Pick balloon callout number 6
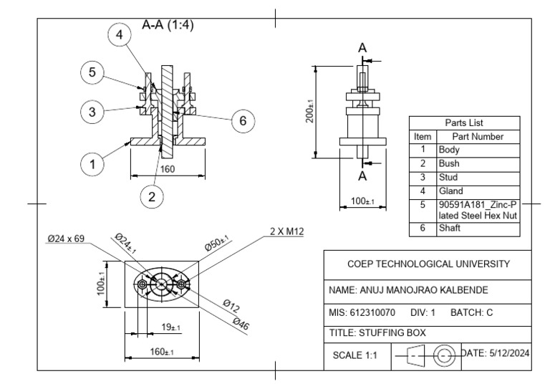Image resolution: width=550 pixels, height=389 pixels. point(243,122)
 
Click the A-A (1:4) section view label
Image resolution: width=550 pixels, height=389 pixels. point(168,24)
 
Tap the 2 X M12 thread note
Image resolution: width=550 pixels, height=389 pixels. point(287,232)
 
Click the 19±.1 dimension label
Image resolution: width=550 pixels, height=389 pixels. point(170,327)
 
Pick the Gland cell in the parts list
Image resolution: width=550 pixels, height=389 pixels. point(451,191)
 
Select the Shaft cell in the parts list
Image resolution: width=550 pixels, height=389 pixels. point(450,228)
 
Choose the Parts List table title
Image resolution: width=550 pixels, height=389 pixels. point(464,123)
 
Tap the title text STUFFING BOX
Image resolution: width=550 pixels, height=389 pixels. point(377,332)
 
